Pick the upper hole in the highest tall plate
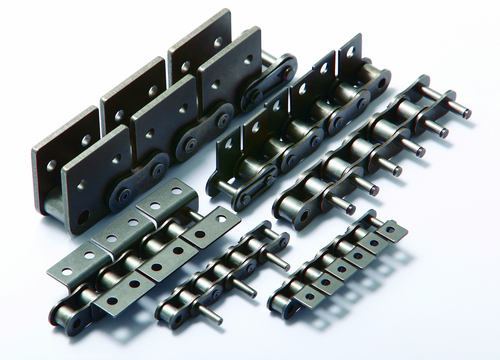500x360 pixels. click(214, 41)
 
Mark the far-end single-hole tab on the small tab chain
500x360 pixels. click(393, 232)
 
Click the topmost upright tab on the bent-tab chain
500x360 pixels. click(350, 55)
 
